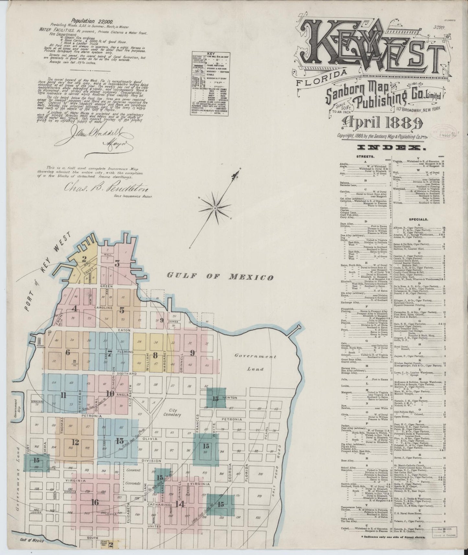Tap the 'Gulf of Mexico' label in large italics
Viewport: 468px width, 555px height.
[220, 277]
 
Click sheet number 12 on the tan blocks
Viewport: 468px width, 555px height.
[75, 441]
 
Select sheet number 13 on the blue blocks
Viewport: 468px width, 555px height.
[120, 441]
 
